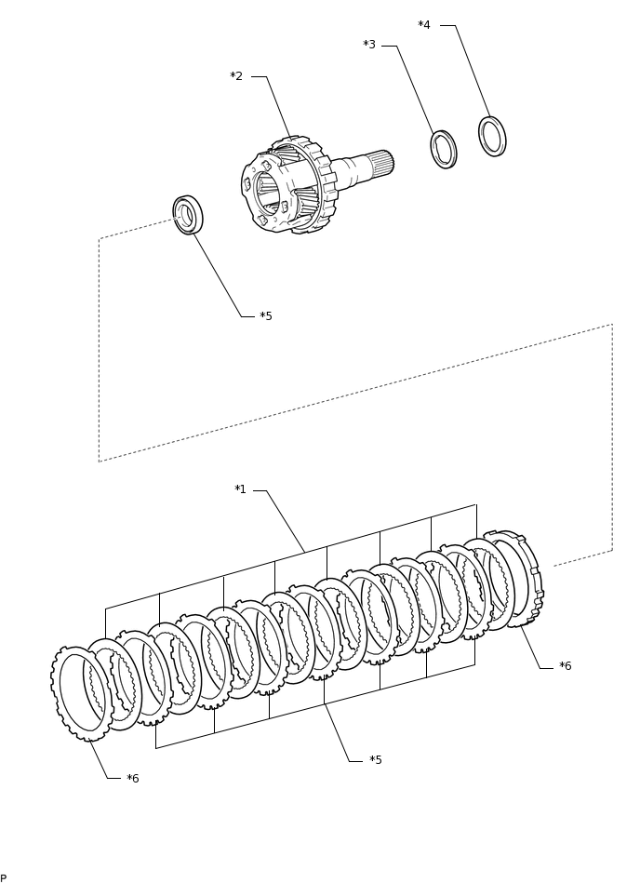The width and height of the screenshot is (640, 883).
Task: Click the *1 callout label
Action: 240,489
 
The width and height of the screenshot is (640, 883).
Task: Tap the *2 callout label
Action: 236,76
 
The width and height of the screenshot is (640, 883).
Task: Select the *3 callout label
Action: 369,45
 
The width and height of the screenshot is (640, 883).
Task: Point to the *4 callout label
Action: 424,25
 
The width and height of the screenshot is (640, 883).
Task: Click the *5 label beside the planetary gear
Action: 266,316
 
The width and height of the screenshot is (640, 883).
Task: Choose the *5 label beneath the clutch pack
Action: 376,760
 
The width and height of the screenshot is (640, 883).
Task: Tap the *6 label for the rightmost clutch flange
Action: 566,666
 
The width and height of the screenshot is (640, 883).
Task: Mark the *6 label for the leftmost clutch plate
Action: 133,778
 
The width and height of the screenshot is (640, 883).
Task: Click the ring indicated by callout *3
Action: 444,150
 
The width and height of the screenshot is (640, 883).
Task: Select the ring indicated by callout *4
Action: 492,136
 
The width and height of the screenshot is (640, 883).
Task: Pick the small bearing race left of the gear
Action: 188,215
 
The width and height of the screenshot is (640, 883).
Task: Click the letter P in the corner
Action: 4,877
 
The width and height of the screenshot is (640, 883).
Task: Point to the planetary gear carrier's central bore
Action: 268,193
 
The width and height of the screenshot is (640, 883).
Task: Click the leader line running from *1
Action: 286,521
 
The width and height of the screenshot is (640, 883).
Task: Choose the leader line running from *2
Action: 278,107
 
